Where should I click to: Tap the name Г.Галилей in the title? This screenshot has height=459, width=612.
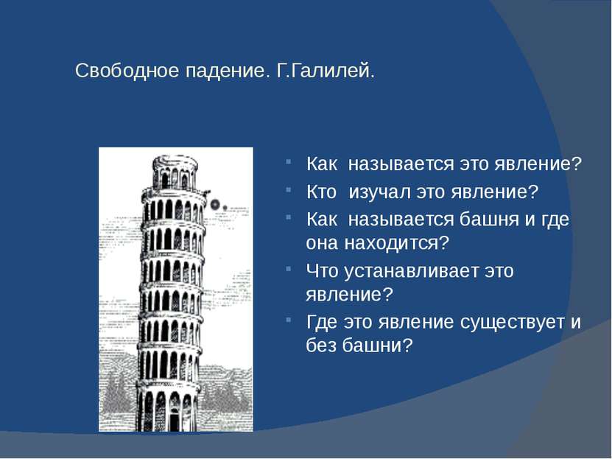(x=326, y=71)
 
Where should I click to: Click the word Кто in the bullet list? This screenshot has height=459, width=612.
(x=321, y=192)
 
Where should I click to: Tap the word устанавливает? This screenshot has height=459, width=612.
(x=411, y=271)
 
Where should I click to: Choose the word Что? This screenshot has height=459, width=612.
(x=322, y=271)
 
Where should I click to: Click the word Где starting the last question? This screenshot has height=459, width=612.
(x=321, y=323)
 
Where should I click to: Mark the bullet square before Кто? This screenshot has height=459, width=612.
(x=288, y=189)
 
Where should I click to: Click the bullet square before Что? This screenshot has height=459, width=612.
(x=288, y=268)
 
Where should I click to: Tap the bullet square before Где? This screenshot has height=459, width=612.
(x=288, y=320)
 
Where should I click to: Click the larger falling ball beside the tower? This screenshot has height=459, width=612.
(x=215, y=205)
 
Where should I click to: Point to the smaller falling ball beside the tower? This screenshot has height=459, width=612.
(x=225, y=208)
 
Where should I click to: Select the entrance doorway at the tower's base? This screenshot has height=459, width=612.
(x=174, y=419)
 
